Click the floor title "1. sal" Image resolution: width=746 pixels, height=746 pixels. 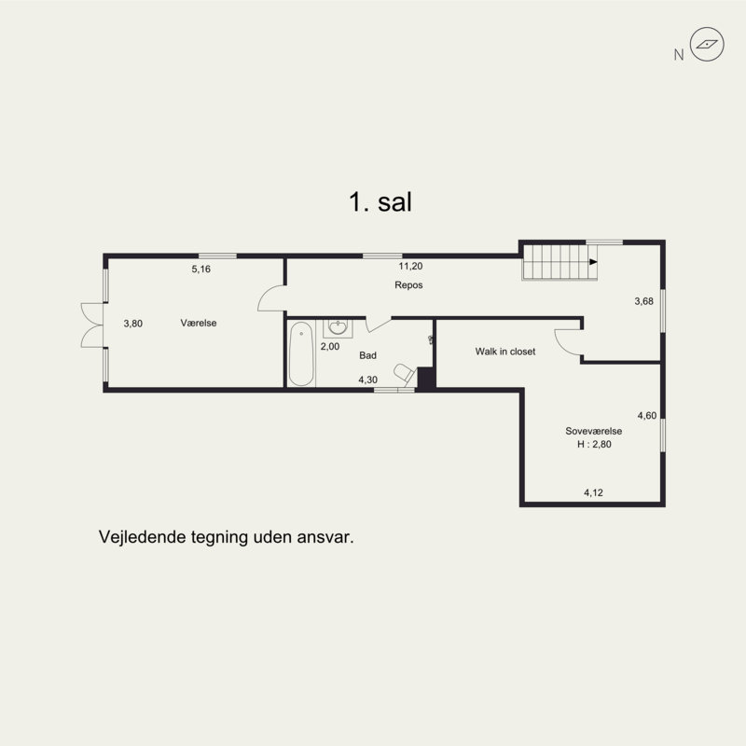coord(379,202)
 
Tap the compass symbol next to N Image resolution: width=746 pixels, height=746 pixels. coord(708,44)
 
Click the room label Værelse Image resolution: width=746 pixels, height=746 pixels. coord(199,323)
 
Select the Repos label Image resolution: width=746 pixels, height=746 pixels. coord(408,285)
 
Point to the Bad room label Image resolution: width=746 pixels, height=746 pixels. coord(367,355)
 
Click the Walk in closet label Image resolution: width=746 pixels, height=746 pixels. coord(505,352)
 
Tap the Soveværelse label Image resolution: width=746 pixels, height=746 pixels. coord(594,432)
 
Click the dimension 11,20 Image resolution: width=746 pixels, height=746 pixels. coord(410,266)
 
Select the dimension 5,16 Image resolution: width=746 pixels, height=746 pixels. coord(201,269)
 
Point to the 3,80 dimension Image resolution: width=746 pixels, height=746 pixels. coord(133,324)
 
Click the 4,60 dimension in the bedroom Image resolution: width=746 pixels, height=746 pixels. coord(647,415)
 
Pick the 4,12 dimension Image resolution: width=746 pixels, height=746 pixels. coord(594,492)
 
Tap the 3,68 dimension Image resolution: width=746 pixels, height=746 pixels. coord(643,301)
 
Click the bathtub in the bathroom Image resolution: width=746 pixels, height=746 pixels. coord(300,354)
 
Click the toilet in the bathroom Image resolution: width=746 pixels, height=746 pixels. coord(404,373)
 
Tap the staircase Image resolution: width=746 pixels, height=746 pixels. coord(559,260)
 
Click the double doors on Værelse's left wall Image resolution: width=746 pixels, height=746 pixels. coord(90,324)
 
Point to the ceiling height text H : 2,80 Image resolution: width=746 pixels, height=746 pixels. coord(594,445)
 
